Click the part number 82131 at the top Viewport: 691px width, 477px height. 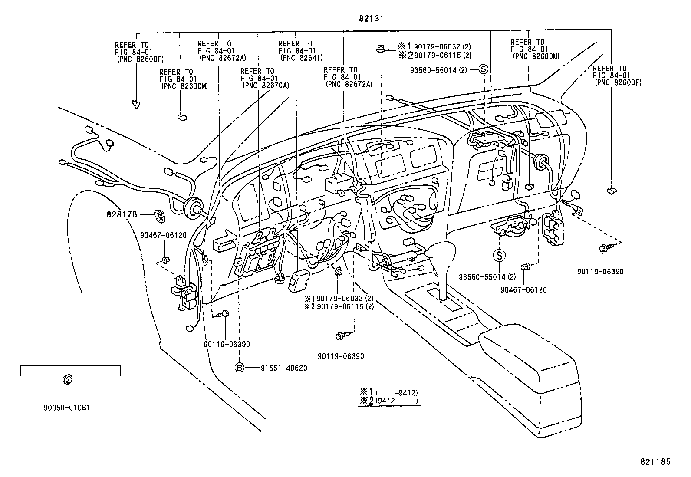(x=371, y=19)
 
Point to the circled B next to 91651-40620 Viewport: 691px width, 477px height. (x=239, y=368)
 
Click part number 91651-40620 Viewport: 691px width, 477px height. (x=284, y=368)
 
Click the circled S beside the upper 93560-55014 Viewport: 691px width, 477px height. (x=484, y=69)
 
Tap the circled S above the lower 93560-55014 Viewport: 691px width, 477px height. (x=499, y=256)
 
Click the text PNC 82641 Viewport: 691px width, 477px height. (x=302, y=58)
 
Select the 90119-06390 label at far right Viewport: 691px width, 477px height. (x=600, y=272)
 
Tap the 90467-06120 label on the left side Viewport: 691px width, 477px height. (x=163, y=235)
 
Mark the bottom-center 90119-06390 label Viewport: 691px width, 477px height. (x=341, y=356)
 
